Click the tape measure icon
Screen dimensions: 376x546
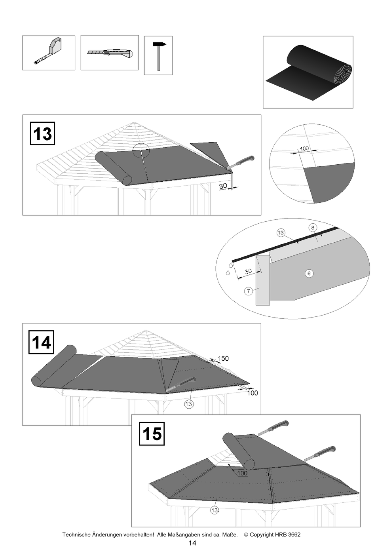(x=49, y=52)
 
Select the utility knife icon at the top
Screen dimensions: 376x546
(x=110, y=53)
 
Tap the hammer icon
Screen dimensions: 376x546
(x=159, y=55)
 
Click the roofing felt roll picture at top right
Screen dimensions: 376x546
(x=308, y=72)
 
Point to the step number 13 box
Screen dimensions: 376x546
(x=42, y=134)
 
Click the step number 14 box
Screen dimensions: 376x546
(x=42, y=342)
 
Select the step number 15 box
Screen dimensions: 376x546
(x=152, y=434)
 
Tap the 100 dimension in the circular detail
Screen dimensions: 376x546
(x=304, y=148)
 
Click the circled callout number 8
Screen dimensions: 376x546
(x=313, y=227)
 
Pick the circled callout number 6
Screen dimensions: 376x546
(x=309, y=273)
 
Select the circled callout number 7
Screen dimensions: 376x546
(x=249, y=291)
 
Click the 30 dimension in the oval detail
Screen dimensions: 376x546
(x=248, y=272)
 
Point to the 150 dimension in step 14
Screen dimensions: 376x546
(x=223, y=358)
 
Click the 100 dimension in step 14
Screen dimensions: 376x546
(x=253, y=393)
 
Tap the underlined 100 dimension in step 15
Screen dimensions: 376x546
(x=242, y=473)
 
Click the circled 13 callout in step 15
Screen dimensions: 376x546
(x=215, y=510)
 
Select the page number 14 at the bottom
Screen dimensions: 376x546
(x=192, y=543)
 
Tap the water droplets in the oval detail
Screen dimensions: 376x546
(x=229, y=268)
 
